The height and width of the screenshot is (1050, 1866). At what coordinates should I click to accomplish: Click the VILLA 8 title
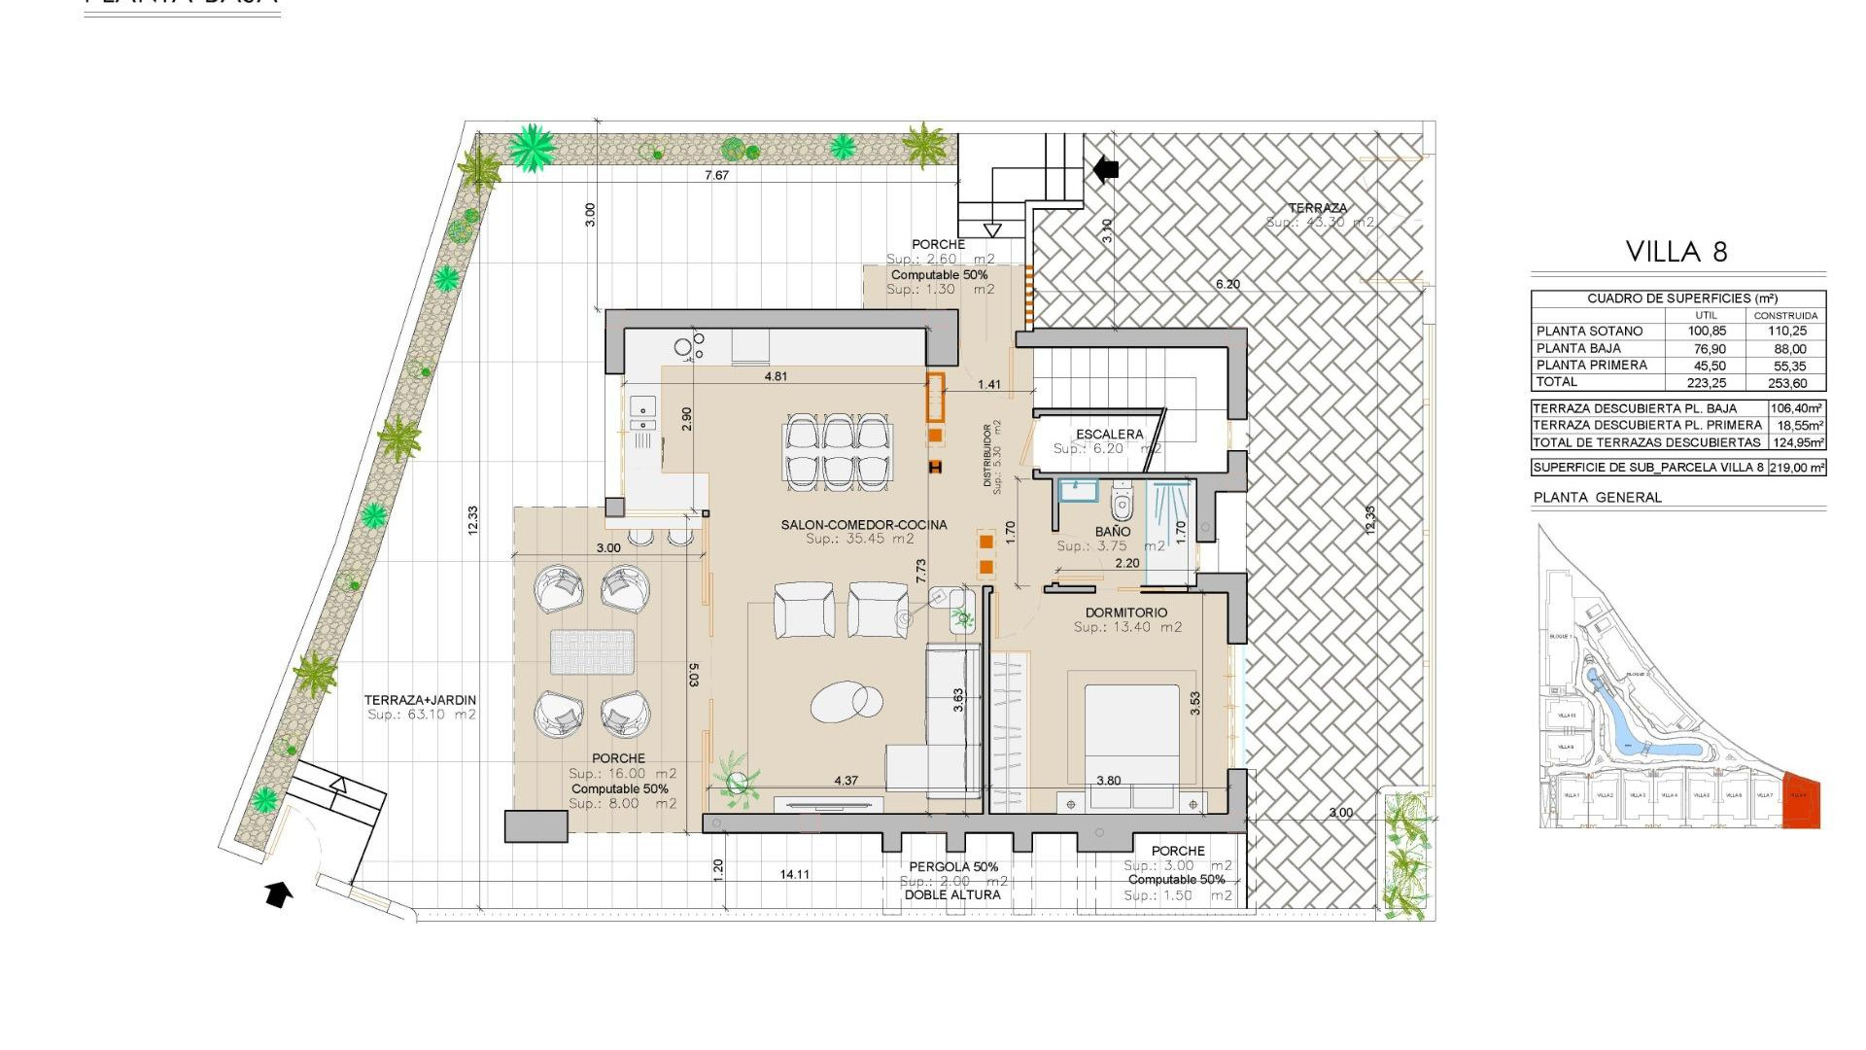(x=1676, y=252)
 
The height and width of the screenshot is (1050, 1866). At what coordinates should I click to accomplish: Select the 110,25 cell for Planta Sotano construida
(x=1786, y=332)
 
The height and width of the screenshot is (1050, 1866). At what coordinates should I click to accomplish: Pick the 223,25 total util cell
(x=1707, y=383)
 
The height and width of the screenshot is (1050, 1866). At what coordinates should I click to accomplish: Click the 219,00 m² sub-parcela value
(x=1796, y=468)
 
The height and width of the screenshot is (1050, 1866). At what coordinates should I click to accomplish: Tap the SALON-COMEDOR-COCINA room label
(x=863, y=525)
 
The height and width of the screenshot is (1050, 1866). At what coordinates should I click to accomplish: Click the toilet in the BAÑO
(x=1122, y=503)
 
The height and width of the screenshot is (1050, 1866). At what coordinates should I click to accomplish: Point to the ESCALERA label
(x=1109, y=435)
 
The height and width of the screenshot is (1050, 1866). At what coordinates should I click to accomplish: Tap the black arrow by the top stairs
(x=1105, y=169)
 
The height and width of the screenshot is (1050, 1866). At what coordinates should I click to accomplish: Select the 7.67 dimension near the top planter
(x=716, y=176)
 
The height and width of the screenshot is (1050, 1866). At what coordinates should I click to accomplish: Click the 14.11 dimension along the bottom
(x=794, y=875)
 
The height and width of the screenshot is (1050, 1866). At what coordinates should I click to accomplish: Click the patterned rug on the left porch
(x=592, y=651)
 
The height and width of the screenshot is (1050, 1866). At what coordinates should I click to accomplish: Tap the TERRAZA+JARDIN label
(x=420, y=700)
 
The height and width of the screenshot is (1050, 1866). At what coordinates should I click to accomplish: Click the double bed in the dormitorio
(x=1131, y=739)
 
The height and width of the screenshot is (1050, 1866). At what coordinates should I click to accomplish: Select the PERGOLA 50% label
(x=952, y=867)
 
